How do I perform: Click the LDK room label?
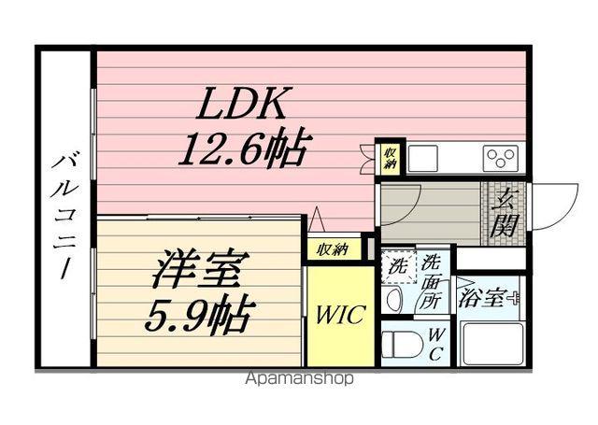click(243, 103)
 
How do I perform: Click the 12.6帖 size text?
click(245, 148)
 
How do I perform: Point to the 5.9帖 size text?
click(198, 317)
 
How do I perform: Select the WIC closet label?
click(340, 314)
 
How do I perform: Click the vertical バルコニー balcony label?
click(64, 211)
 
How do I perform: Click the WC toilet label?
click(436, 345)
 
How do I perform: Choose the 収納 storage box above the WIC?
click(332, 249)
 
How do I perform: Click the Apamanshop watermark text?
click(300, 379)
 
